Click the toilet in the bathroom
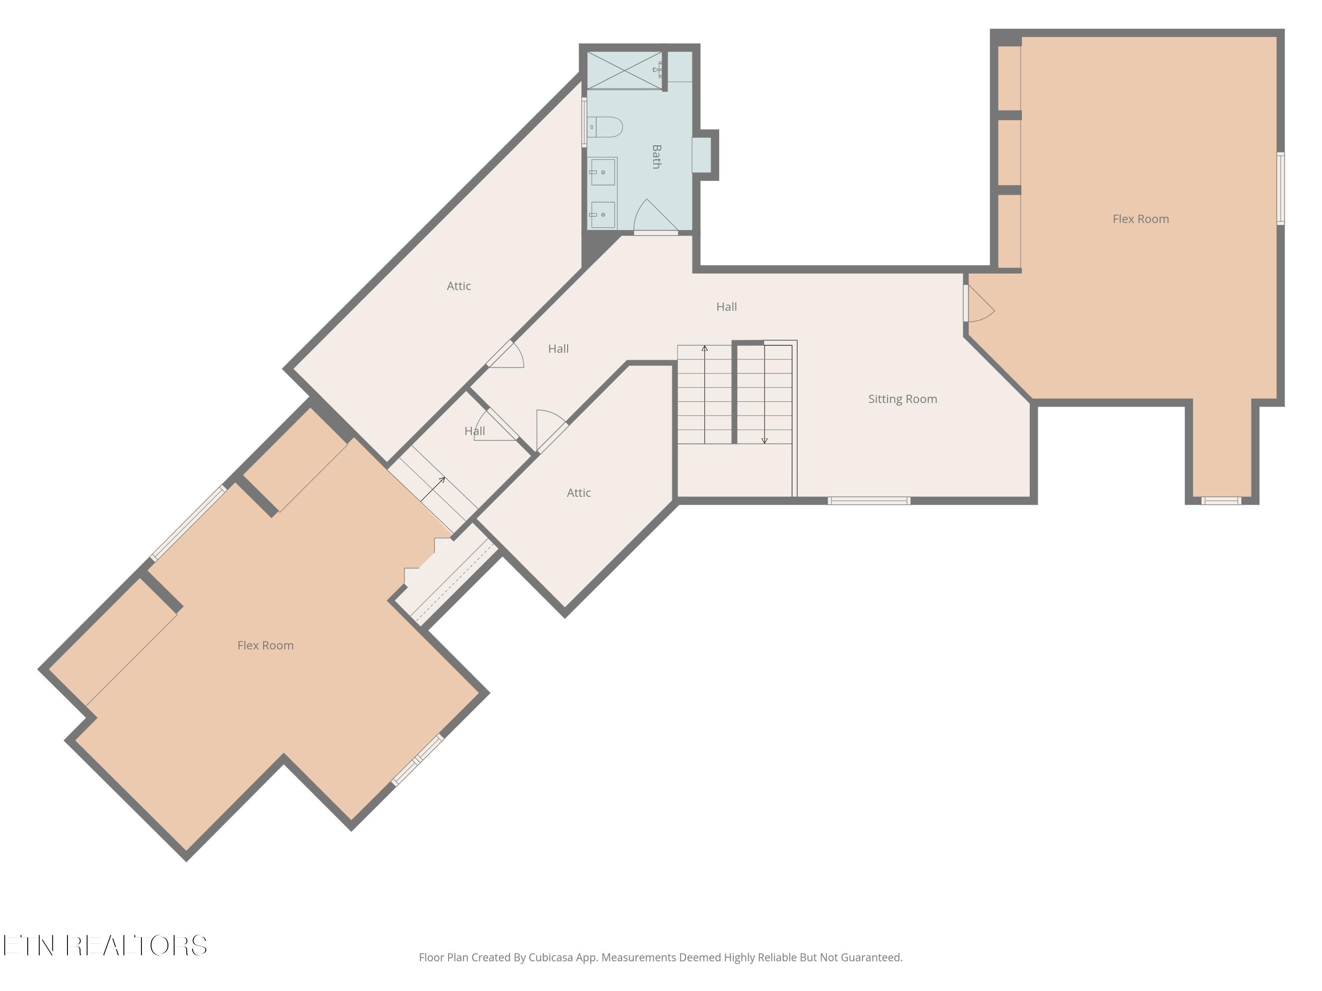pos(605,127)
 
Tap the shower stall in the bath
pos(624,70)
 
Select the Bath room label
pos(656,156)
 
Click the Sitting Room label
pos(902,399)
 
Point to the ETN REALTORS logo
pos(105,946)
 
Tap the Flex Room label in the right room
pos(1140,219)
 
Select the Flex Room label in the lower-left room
pos(265,645)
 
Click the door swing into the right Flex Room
pos(980,303)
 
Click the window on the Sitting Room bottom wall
pos(869,501)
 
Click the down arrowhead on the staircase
pos(765,440)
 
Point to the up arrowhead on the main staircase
pos(705,348)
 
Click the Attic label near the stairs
pos(579,493)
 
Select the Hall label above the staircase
pos(726,307)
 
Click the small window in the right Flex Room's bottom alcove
pos(1221,501)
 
